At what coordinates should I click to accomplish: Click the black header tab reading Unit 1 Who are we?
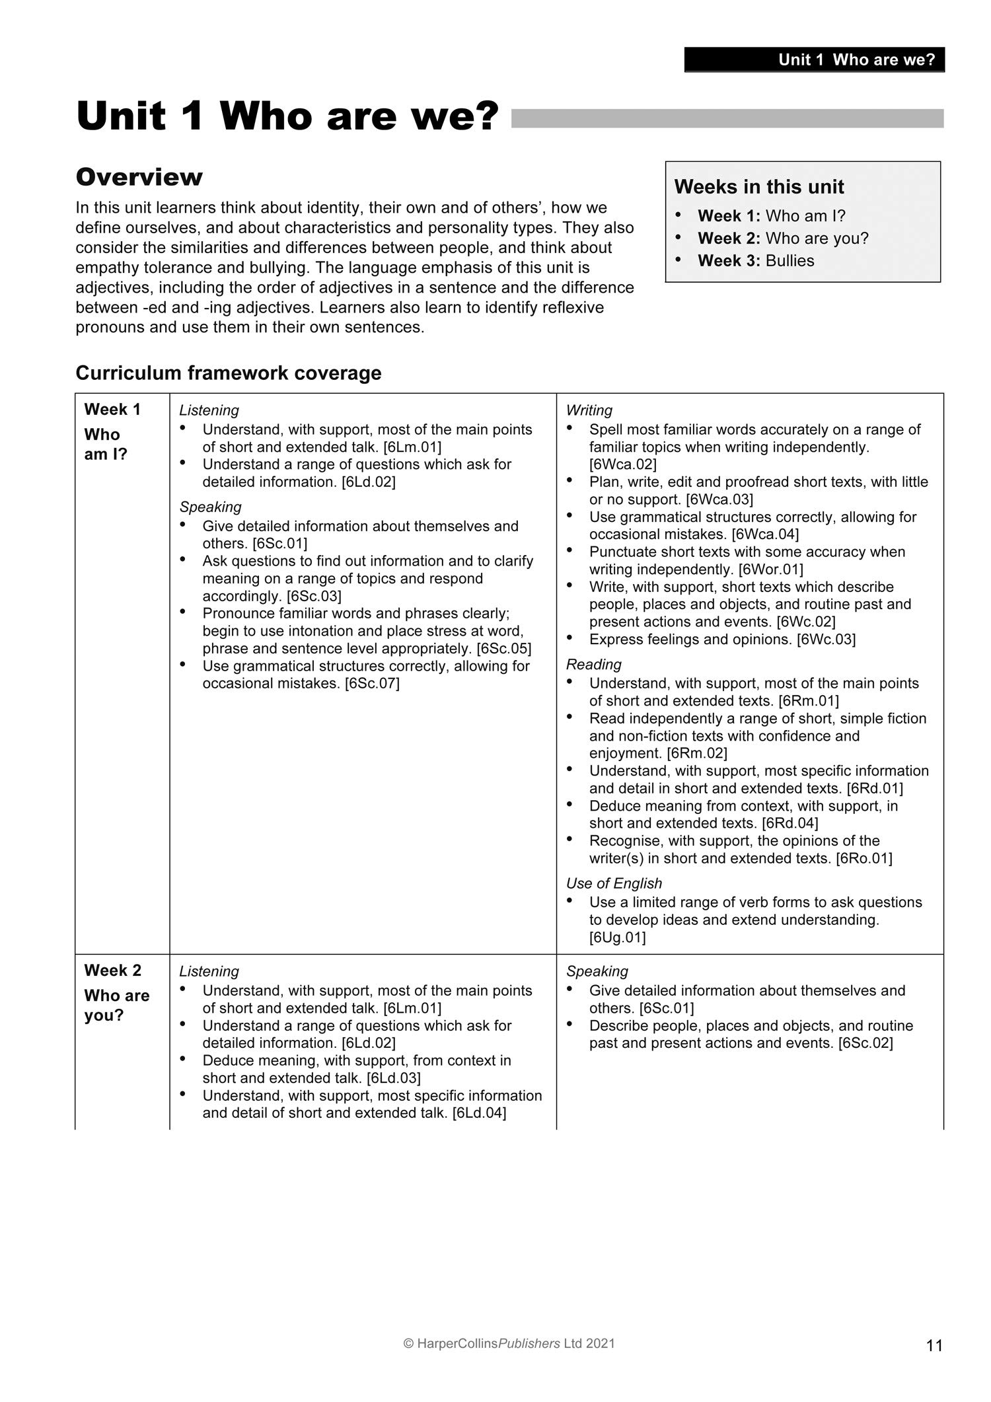click(814, 59)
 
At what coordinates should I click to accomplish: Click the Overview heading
click(139, 177)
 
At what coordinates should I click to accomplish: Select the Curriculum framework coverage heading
click(229, 373)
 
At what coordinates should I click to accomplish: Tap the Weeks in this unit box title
click(759, 187)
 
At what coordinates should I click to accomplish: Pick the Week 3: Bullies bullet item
click(756, 260)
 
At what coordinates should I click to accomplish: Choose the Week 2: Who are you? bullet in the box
click(783, 238)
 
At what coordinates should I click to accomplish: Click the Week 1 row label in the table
click(112, 410)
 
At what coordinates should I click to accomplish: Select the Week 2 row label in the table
click(112, 971)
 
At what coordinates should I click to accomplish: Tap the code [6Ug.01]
click(617, 938)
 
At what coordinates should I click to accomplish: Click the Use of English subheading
click(614, 883)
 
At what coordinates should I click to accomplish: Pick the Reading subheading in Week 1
click(593, 664)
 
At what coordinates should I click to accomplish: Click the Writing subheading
click(589, 410)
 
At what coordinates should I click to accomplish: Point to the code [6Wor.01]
click(770, 570)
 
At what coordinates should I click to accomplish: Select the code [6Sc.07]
click(372, 683)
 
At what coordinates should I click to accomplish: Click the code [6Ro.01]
click(863, 858)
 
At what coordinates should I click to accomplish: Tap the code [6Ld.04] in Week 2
click(479, 1113)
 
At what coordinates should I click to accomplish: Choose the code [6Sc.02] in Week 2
click(865, 1043)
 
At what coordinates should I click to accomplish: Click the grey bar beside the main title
click(727, 118)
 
